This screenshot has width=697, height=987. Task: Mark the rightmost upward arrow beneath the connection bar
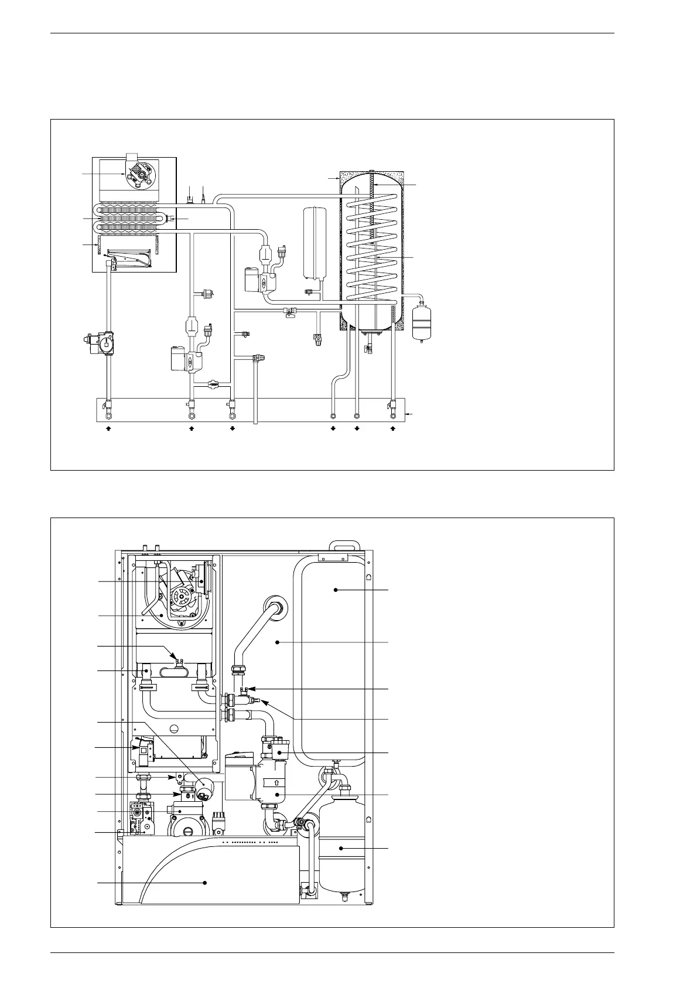click(x=393, y=428)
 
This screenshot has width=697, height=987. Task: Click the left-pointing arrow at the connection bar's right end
click(x=409, y=414)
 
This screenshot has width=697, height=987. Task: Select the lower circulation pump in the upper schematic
click(x=183, y=358)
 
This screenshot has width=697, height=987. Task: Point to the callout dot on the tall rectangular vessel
click(x=336, y=589)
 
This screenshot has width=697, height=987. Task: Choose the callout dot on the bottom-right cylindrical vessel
click(x=341, y=848)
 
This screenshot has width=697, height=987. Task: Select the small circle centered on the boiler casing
click(x=174, y=730)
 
